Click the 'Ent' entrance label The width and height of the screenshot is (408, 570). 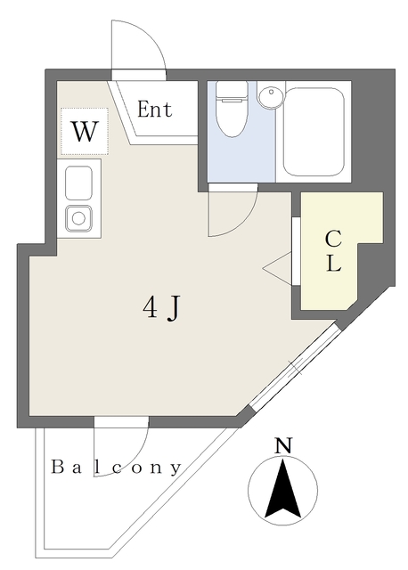tap(154, 110)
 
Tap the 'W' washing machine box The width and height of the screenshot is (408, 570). tap(84, 132)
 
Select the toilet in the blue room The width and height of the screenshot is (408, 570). tap(233, 116)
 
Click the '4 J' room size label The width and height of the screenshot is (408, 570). tap(162, 307)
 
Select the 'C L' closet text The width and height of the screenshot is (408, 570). tap(332, 251)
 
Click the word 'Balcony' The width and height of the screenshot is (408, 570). tap(116, 467)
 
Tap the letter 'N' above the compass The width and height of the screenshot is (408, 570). tap(283, 446)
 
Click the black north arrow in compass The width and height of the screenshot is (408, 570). tap(283, 490)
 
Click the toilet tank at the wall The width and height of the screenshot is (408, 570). tap(233, 89)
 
